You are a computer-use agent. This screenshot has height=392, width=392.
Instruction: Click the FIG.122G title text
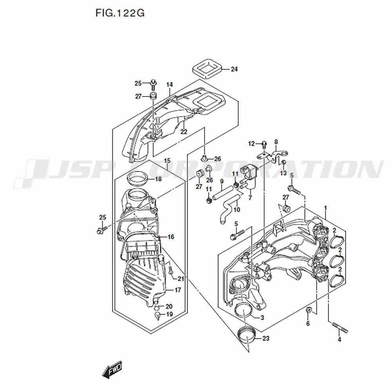(x=120, y=13)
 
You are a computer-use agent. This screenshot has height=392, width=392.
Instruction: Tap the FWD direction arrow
(x=112, y=369)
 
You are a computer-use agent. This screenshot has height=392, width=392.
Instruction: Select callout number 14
(x=169, y=85)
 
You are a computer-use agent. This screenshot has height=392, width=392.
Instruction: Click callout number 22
(x=184, y=131)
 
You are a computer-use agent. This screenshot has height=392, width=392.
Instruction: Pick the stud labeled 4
(x=340, y=327)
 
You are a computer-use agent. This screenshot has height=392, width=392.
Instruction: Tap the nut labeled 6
(x=309, y=310)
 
